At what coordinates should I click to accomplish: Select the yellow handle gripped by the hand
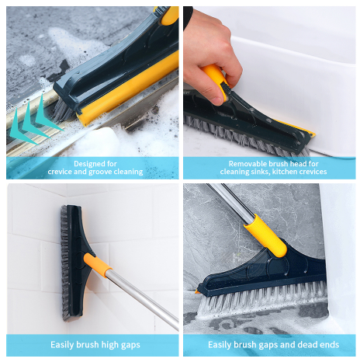pyautogui.click(x=215, y=77)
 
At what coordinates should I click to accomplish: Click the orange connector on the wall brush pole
pyautogui.click(x=98, y=266)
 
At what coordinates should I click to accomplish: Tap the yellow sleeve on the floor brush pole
pyautogui.click(x=265, y=235)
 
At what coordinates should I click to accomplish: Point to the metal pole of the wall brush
pyautogui.click(x=143, y=300)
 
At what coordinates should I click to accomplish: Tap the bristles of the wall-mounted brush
pyautogui.click(x=65, y=263)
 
